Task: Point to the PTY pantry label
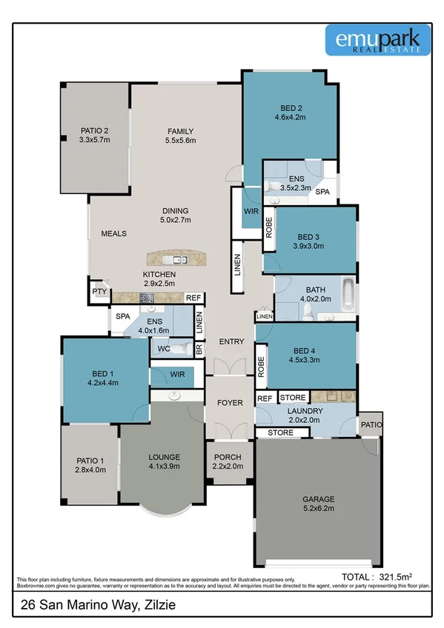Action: coord(99,292)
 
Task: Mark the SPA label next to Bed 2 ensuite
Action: coord(323,192)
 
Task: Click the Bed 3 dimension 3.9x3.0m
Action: coord(308,247)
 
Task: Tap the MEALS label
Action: coord(114,233)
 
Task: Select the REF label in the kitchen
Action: coord(193,297)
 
